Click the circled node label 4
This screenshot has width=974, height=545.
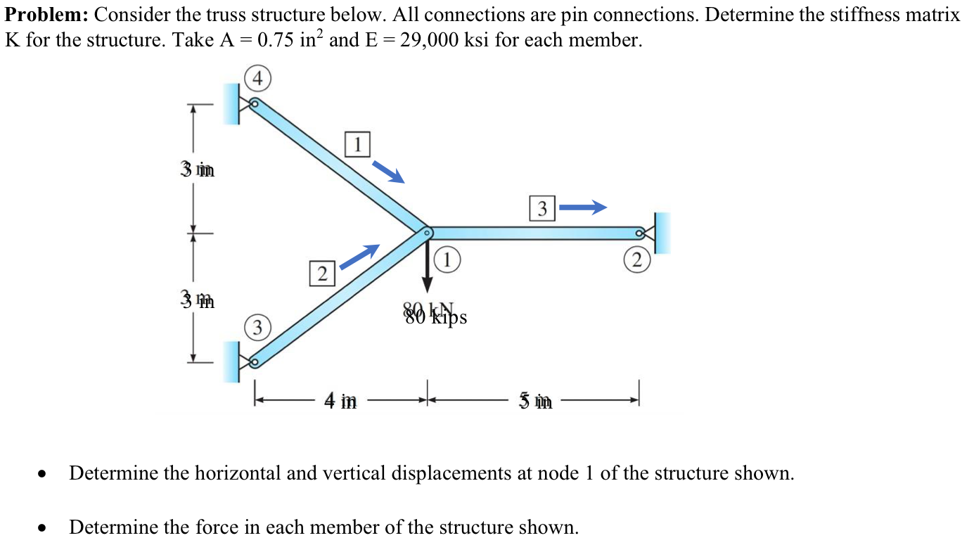point(258,79)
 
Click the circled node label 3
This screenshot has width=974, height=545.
point(257,328)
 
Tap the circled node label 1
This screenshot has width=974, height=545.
point(447,259)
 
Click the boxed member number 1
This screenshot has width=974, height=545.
point(357,144)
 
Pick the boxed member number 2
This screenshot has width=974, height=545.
point(321,273)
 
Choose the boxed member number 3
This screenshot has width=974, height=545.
point(542,209)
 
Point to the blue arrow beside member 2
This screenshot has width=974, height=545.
point(359,257)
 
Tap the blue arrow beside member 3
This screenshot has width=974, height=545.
point(583,207)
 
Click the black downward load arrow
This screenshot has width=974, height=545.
point(427,267)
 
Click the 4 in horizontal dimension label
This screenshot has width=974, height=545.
point(340,402)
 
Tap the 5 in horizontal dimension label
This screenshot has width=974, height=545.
point(536,402)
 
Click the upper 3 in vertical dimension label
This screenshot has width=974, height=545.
point(198,169)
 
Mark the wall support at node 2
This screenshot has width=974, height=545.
point(662,233)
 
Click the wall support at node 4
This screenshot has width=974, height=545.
point(233,104)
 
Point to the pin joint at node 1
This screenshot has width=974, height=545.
point(426,231)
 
